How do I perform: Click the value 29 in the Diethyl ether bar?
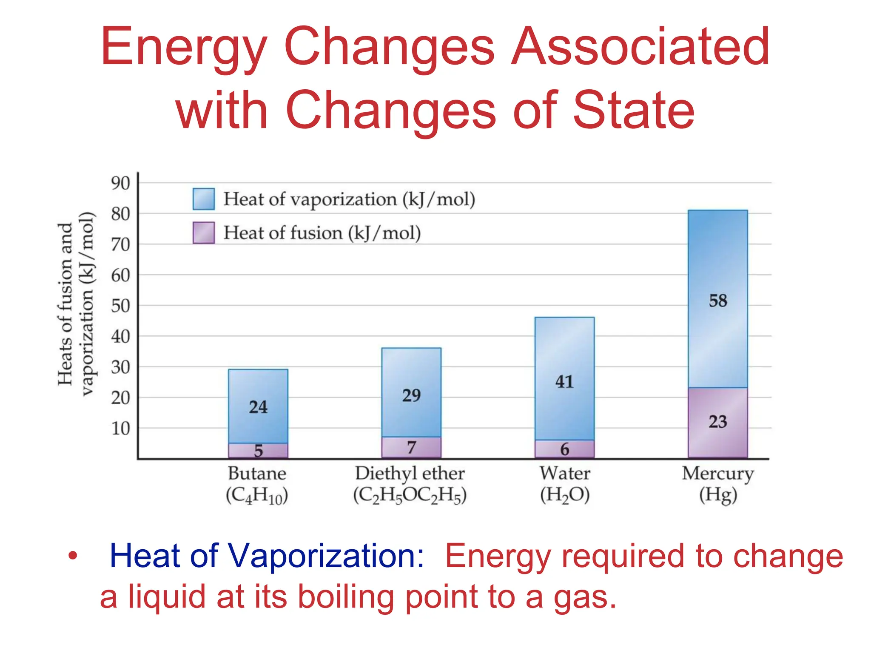click(411, 395)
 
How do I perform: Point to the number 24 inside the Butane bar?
click(258, 407)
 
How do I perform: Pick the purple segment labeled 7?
click(411, 447)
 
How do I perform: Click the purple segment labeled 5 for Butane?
click(258, 450)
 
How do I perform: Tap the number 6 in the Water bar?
click(564, 449)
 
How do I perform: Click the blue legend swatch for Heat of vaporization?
click(203, 199)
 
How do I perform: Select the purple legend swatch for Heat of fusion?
click(203, 233)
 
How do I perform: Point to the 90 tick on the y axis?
click(120, 183)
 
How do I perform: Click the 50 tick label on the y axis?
click(120, 306)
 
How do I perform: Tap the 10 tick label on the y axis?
click(120, 429)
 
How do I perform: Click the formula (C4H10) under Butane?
click(257, 495)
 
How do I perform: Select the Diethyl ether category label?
click(410, 473)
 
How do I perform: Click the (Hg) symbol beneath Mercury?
click(718, 495)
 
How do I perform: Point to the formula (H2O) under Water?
click(565, 495)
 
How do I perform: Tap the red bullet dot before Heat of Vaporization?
click(73, 555)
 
